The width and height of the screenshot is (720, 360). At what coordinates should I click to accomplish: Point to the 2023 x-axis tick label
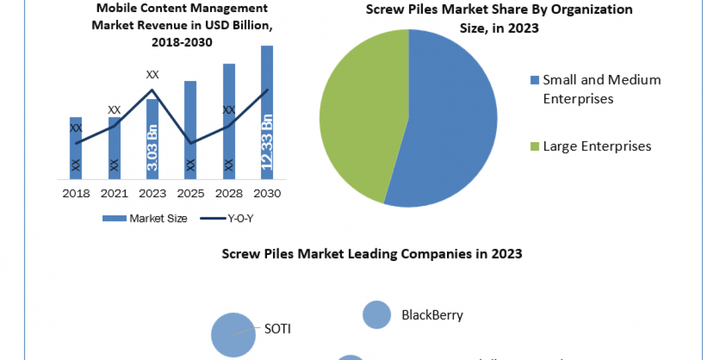(x=152, y=193)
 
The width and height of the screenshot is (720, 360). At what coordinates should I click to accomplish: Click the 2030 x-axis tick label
(x=267, y=193)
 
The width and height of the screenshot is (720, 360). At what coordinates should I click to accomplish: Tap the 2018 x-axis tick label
(x=76, y=193)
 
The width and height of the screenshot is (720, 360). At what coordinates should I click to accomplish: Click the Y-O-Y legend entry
(x=232, y=218)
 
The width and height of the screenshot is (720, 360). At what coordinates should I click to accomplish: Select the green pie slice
(x=360, y=114)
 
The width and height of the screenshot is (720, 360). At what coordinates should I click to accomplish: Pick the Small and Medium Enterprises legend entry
(x=595, y=89)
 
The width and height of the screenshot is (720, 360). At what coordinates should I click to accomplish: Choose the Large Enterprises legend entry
(x=591, y=146)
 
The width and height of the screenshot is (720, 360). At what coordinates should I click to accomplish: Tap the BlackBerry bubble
(x=377, y=314)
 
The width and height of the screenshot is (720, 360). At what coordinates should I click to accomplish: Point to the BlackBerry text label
(x=432, y=315)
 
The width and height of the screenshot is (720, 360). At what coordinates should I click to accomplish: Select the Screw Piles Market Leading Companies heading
(x=372, y=254)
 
